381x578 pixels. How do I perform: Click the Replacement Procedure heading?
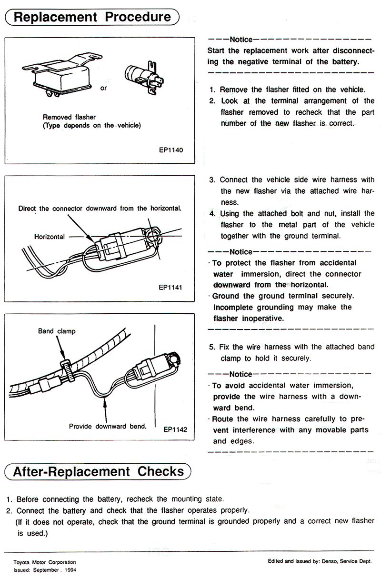92,17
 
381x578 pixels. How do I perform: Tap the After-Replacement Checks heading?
98,472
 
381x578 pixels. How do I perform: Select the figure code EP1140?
171,149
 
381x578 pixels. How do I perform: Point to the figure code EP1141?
171,288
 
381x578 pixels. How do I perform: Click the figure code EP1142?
175,429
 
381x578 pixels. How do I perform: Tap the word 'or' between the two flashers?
103,88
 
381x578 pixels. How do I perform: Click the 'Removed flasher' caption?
69,117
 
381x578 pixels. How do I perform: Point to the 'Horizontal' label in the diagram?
50,236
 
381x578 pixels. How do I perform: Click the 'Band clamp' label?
57,330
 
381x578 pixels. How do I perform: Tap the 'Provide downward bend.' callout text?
108,426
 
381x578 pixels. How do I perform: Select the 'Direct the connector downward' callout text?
100,209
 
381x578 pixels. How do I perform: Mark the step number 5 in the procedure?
212,347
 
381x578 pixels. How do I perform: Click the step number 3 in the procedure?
212,180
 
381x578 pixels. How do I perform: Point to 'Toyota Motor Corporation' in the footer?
40,562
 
